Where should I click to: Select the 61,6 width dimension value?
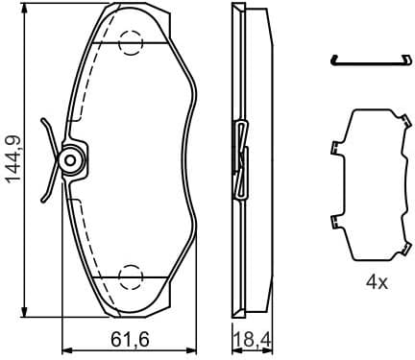[x=127, y=338]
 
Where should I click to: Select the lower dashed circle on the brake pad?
[x=131, y=278]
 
